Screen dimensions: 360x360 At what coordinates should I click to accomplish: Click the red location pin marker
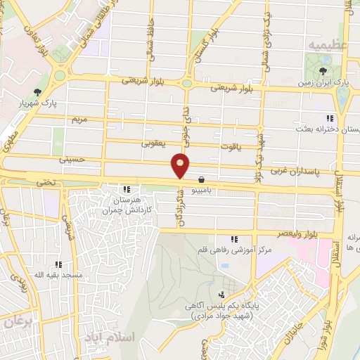181,165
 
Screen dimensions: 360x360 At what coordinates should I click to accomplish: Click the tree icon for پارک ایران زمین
323,70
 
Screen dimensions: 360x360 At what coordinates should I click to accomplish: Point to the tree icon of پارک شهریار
37,91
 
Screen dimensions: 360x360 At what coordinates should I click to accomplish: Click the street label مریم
77,120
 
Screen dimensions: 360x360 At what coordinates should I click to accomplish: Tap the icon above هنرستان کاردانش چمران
127,189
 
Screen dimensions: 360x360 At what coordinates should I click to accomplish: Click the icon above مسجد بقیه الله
58,265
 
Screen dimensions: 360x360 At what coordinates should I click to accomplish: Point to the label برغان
18,322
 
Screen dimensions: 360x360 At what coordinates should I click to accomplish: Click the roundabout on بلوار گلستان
187,83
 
